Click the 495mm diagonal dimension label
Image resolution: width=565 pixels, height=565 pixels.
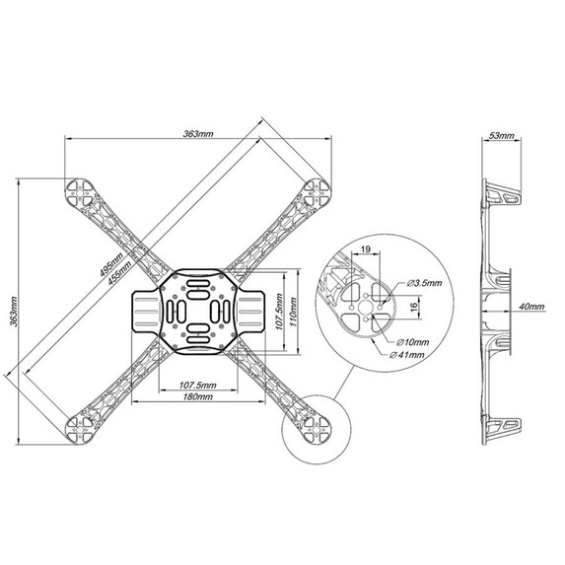point(111,264)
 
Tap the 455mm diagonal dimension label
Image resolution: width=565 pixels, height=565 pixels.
point(120,273)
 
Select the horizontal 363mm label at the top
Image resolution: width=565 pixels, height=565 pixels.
point(198,134)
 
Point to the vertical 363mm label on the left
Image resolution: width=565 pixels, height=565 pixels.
point(14,312)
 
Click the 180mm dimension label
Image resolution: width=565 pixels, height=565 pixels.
point(198,396)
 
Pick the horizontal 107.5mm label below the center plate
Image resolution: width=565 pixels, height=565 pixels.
point(198,386)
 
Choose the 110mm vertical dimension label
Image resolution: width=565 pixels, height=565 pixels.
point(293,312)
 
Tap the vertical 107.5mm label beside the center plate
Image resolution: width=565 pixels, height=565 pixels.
point(278,312)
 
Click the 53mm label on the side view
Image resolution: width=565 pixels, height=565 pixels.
point(501,135)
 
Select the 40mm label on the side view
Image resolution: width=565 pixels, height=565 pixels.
point(531,307)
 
